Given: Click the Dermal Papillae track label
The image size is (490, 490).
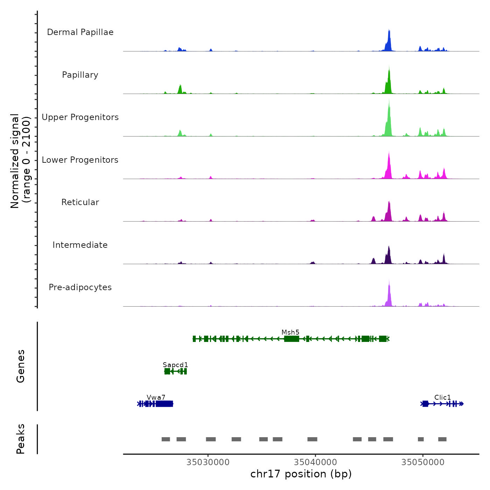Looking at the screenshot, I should [x=80, y=32].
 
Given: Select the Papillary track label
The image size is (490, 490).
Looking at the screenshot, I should [x=80, y=75].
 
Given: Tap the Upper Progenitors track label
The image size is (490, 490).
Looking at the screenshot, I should [x=80, y=117].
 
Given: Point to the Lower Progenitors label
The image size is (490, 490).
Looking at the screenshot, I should [x=80, y=160].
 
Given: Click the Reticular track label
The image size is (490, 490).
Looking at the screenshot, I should [x=80, y=202].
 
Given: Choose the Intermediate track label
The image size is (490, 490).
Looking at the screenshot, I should [x=80, y=245].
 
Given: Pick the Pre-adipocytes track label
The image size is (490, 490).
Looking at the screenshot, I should [x=80, y=287].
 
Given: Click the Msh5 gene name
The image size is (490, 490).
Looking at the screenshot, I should [x=290, y=332].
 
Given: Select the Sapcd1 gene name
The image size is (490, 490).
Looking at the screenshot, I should [x=175, y=365].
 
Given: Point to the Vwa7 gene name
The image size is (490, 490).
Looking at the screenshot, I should [x=156, y=397].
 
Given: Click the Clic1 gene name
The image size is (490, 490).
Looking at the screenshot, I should [x=443, y=397].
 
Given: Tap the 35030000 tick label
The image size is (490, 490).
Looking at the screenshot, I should [x=208, y=462].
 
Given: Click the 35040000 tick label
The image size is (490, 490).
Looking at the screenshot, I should [x=315, y=462].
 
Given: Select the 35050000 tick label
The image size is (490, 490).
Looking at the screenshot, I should [x=423, y=462].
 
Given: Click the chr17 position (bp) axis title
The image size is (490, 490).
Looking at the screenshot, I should [x=301, y=474].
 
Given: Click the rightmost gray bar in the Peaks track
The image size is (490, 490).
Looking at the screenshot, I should [x=442, y=439].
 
